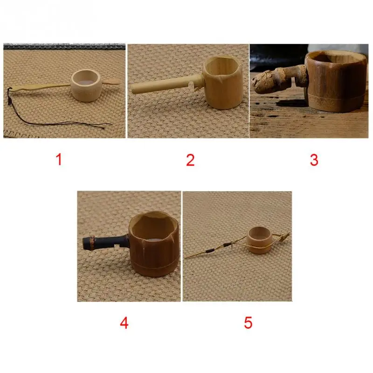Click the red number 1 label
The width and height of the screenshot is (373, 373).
[x=59, y=159]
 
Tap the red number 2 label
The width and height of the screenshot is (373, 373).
[x=190, y=160]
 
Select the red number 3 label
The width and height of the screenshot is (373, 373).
[x=314, y=160]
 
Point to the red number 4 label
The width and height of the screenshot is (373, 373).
[x=124, y=323]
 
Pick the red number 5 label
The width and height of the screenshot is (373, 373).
[x=248, y=323]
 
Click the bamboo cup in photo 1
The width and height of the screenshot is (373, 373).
[x=86, y=86]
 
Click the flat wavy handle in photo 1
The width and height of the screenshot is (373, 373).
[x=41, y=87]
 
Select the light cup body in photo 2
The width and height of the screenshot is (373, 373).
[x=222, y=82]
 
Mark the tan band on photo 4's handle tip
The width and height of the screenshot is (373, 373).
[x=91, y=242]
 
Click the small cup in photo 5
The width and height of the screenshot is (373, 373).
[x=259, y=240]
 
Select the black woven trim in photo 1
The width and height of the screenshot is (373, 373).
[x=64, y=46]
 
